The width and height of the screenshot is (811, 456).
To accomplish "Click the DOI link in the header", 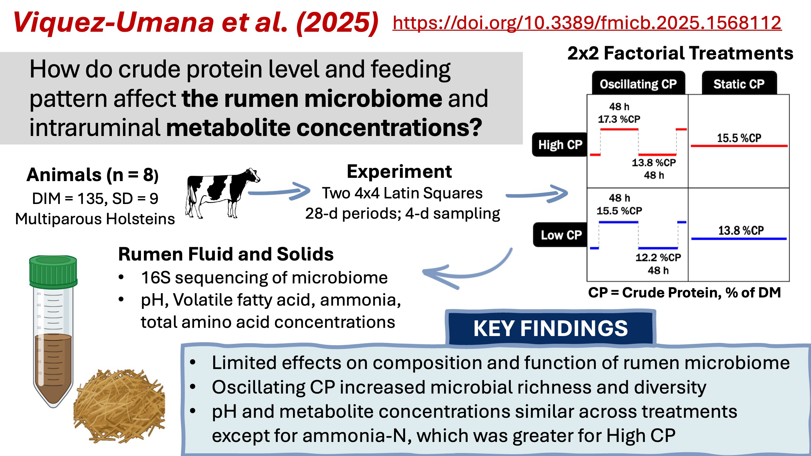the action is pyautogui.click(x=587, y=23).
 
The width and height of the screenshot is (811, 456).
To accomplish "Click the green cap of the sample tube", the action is pyautogui.click(x=53, y=270).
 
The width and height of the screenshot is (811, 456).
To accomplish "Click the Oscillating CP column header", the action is pyautogui.click(x=638, y=84).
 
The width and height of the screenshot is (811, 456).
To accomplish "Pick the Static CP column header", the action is pyautogui.click(x=739, y=84).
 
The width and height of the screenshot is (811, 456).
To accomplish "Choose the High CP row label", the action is pyautogui.click(x=560, y=144).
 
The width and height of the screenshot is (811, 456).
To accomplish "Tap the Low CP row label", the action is pyautogui.click(x=561, y=235).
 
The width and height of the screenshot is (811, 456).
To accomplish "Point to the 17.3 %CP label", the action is pyautogui.click(x=619, y=119).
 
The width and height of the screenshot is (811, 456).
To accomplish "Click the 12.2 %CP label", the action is pyautogui.click(x=658, y=257).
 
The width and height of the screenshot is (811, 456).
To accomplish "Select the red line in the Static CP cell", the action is pyautogui.click(x=739, y=146).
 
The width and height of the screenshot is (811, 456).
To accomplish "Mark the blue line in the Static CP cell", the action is pyautogui.click(x=739, y=239).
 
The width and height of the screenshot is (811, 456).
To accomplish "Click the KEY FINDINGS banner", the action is pyautogui.click(x=551, y=328).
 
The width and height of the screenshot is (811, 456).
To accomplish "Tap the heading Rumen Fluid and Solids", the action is pyautogui.click(x=226, y=254).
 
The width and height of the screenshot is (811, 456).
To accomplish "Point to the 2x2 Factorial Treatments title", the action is pyautogui.click(x=680, y=53).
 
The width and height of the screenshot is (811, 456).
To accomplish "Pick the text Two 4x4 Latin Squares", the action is pyautogui.click(x=402, y=193).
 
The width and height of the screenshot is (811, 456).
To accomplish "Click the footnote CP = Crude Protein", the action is pyautogui.click(x=684, y=292).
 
